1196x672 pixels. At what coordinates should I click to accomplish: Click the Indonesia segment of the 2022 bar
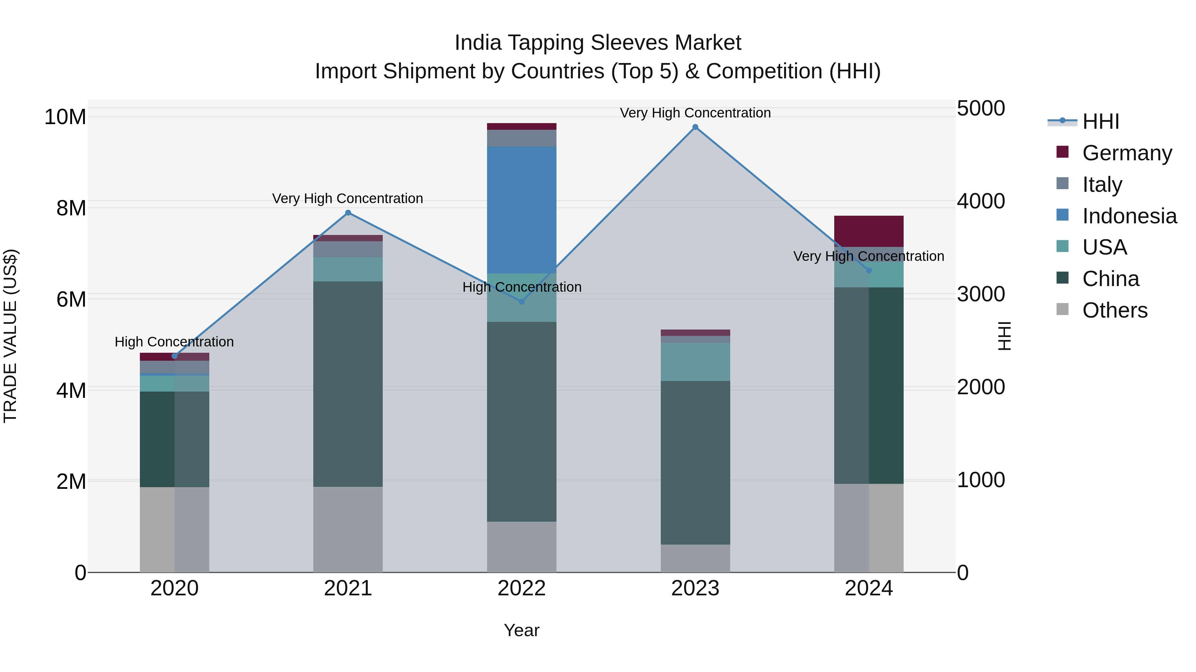pyautogui.click(x=521, y=210)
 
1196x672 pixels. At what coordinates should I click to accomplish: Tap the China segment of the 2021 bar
pyautogui.click(x=348, y=384)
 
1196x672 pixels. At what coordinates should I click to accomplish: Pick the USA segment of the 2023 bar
pyautogui.click(x=695, y=362)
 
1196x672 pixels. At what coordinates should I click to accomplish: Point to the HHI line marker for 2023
pyautogui.click(x=695, y=127)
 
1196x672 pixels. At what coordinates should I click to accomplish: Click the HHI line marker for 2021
pyautogui.click(x=348, y=213)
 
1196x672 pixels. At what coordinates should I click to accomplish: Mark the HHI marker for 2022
pyautogui.click(x=521, y=301)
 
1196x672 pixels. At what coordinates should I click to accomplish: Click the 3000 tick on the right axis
pyautogui.click(x=981, y=294)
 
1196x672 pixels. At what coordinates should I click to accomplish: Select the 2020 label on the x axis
pyautogui.click(x=174, y=588)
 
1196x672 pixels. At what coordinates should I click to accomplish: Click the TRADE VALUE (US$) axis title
pyautogui.click(x=10, y=336)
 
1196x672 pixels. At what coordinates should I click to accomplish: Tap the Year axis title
pyautogui.click(x=521, y=630)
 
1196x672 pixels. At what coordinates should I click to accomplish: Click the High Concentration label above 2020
pyautogui.click(x=174, y=342)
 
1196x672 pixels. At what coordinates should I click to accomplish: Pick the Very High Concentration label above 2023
pyautogui.click(x=695, y=113)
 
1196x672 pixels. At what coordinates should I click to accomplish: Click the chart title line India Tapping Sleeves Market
pyautogui.click(x=598, y=43)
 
